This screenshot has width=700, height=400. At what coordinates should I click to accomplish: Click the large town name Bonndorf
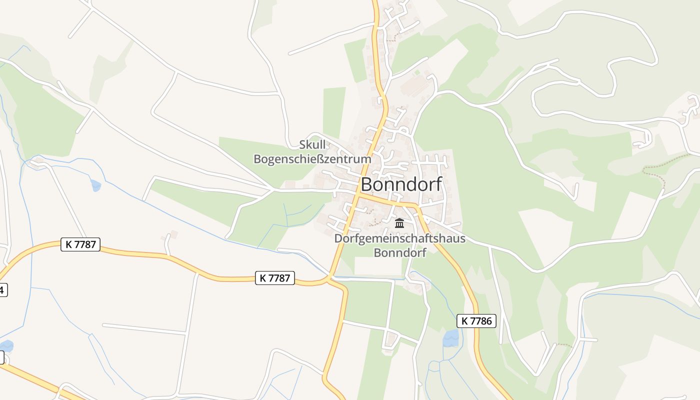click(x=401, y=184)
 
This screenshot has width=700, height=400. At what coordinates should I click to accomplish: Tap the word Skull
click(x=312, y=145)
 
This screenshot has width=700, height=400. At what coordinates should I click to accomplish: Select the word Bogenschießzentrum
click(x=312, y=159)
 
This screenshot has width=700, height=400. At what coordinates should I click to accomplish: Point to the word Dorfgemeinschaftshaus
click(x=399, y=238)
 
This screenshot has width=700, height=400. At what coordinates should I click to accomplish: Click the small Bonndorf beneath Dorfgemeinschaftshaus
click(x=400, y=252)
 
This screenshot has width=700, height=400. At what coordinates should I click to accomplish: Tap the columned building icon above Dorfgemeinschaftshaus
click(x=399, y=223)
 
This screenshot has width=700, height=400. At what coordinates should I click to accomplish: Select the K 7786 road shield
click(x=476, y=321)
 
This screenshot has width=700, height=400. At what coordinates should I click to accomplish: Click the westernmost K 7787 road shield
click(x=80, y=244)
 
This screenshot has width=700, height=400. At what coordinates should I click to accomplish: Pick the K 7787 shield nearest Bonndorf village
click(x=274, y=278)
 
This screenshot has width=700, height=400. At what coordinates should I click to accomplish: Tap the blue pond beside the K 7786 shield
click(x=451, y=338)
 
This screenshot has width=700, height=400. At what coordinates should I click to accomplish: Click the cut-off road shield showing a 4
click(x=2, y=289)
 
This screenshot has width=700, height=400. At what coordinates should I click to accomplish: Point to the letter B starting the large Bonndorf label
click(x=366, y=184)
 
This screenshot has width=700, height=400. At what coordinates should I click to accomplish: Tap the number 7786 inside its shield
click(x=480, y=321)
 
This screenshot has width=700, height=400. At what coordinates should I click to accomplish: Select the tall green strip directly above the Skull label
click(x=334, y=112)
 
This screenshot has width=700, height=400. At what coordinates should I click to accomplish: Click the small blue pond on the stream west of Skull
click(x=95, y=185)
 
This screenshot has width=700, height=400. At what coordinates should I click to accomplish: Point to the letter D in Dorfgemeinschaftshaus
click(x=339, y=238)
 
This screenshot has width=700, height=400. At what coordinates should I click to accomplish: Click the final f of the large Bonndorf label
click(x=438, y=183)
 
